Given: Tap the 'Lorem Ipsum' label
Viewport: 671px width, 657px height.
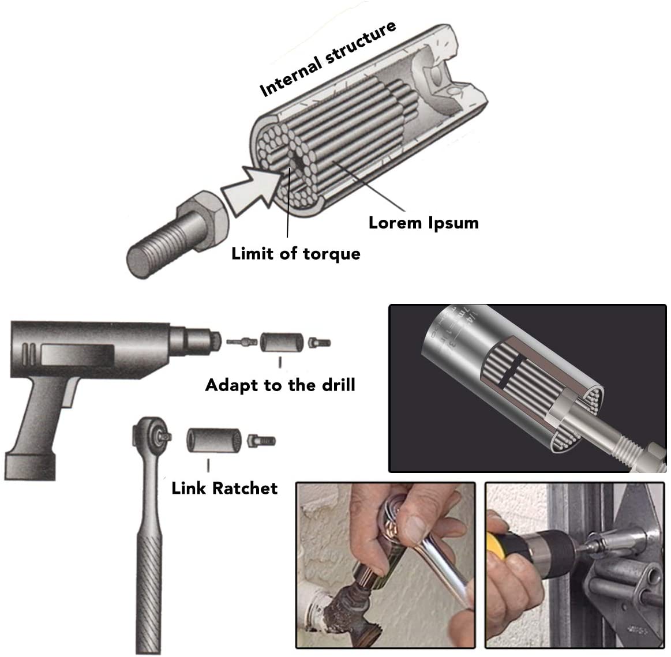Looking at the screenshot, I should pyautogui.click(x=423, y=223).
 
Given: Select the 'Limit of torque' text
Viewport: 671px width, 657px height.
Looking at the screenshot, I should pyautogui.click(x=295, y=253).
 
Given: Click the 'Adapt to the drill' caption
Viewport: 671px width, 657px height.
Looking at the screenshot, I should pyautogui.click(x=280, y=385).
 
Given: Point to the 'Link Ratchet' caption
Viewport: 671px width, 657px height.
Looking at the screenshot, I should pyautogui.click(x=224, y=488).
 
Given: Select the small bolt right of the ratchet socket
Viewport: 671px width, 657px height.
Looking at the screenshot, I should pyautogui.click(x=261, y=441).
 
